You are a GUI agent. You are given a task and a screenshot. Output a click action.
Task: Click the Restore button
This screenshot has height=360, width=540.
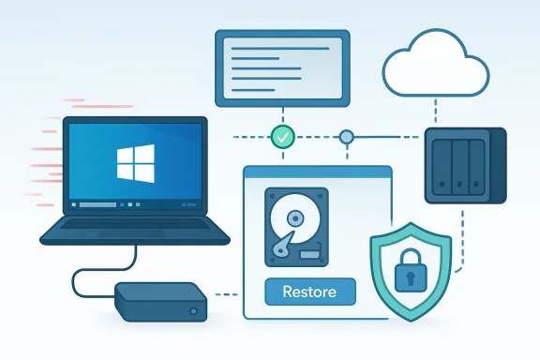click(x=310, y=291)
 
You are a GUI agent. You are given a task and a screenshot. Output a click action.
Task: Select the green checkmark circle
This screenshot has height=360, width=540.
click(x=282, y=137)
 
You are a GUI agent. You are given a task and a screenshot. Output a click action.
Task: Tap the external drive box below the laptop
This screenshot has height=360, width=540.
click(x=160, y=302)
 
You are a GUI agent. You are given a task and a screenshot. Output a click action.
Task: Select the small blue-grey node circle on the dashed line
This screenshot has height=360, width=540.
click(x=347, y=137)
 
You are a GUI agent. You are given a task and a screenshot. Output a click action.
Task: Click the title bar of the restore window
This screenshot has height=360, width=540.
click(x=317, y=172)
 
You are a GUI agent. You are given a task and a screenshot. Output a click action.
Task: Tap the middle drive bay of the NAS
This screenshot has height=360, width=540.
click(x=460, y=165)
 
